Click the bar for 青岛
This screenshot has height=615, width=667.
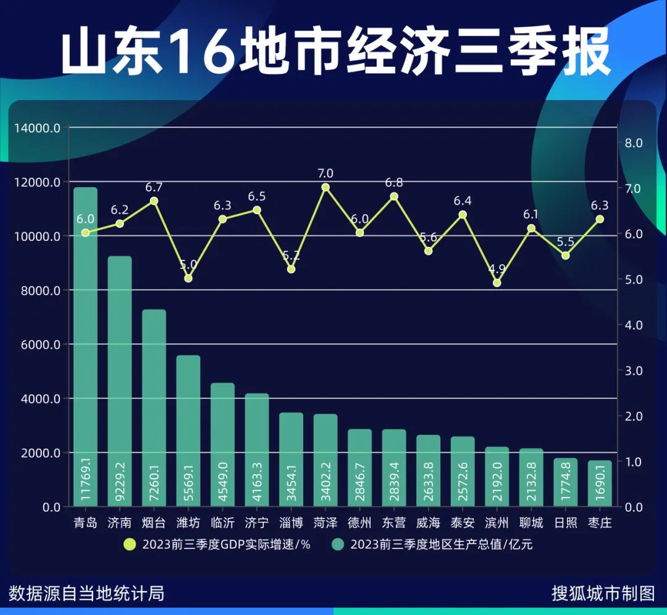pos(85,346)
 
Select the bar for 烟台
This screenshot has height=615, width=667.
pos(154,408)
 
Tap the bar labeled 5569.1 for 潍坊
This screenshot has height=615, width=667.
pos(188,432)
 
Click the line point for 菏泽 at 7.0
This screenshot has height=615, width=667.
pos(325,187)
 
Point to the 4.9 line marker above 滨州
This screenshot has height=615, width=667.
pos(497,283)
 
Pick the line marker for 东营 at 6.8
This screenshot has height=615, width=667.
pos(394,196)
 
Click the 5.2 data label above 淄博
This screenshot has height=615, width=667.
pos(292,255)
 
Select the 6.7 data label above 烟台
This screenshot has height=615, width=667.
pos(154,187)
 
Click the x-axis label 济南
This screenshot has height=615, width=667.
pos(119,523)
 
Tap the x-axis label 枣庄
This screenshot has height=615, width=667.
pos(600,523)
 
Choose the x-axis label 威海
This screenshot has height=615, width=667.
pos(428,523)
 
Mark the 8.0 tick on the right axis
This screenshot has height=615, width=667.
pos(634,143)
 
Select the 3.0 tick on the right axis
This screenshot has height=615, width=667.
pos(634,370)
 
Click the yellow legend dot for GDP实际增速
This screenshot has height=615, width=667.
pos(129,545)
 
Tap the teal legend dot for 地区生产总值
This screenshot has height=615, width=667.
pos(337,545)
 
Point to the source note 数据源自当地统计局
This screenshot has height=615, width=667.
pos(86,594)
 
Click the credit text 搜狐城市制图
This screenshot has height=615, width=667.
pos(603,594)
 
